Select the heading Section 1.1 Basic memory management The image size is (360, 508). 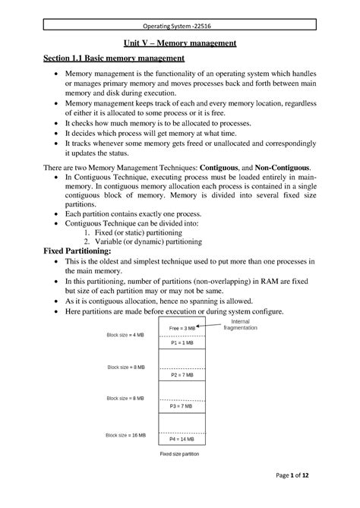coord(113,59)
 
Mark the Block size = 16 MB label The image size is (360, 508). coord(126,434)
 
